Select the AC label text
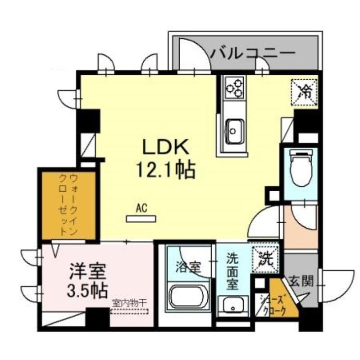[x=141, y=208]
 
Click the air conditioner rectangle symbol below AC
[x=141, y=219]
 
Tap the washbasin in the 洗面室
[x=232, y=306]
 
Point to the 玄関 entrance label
[x=301, y=282]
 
